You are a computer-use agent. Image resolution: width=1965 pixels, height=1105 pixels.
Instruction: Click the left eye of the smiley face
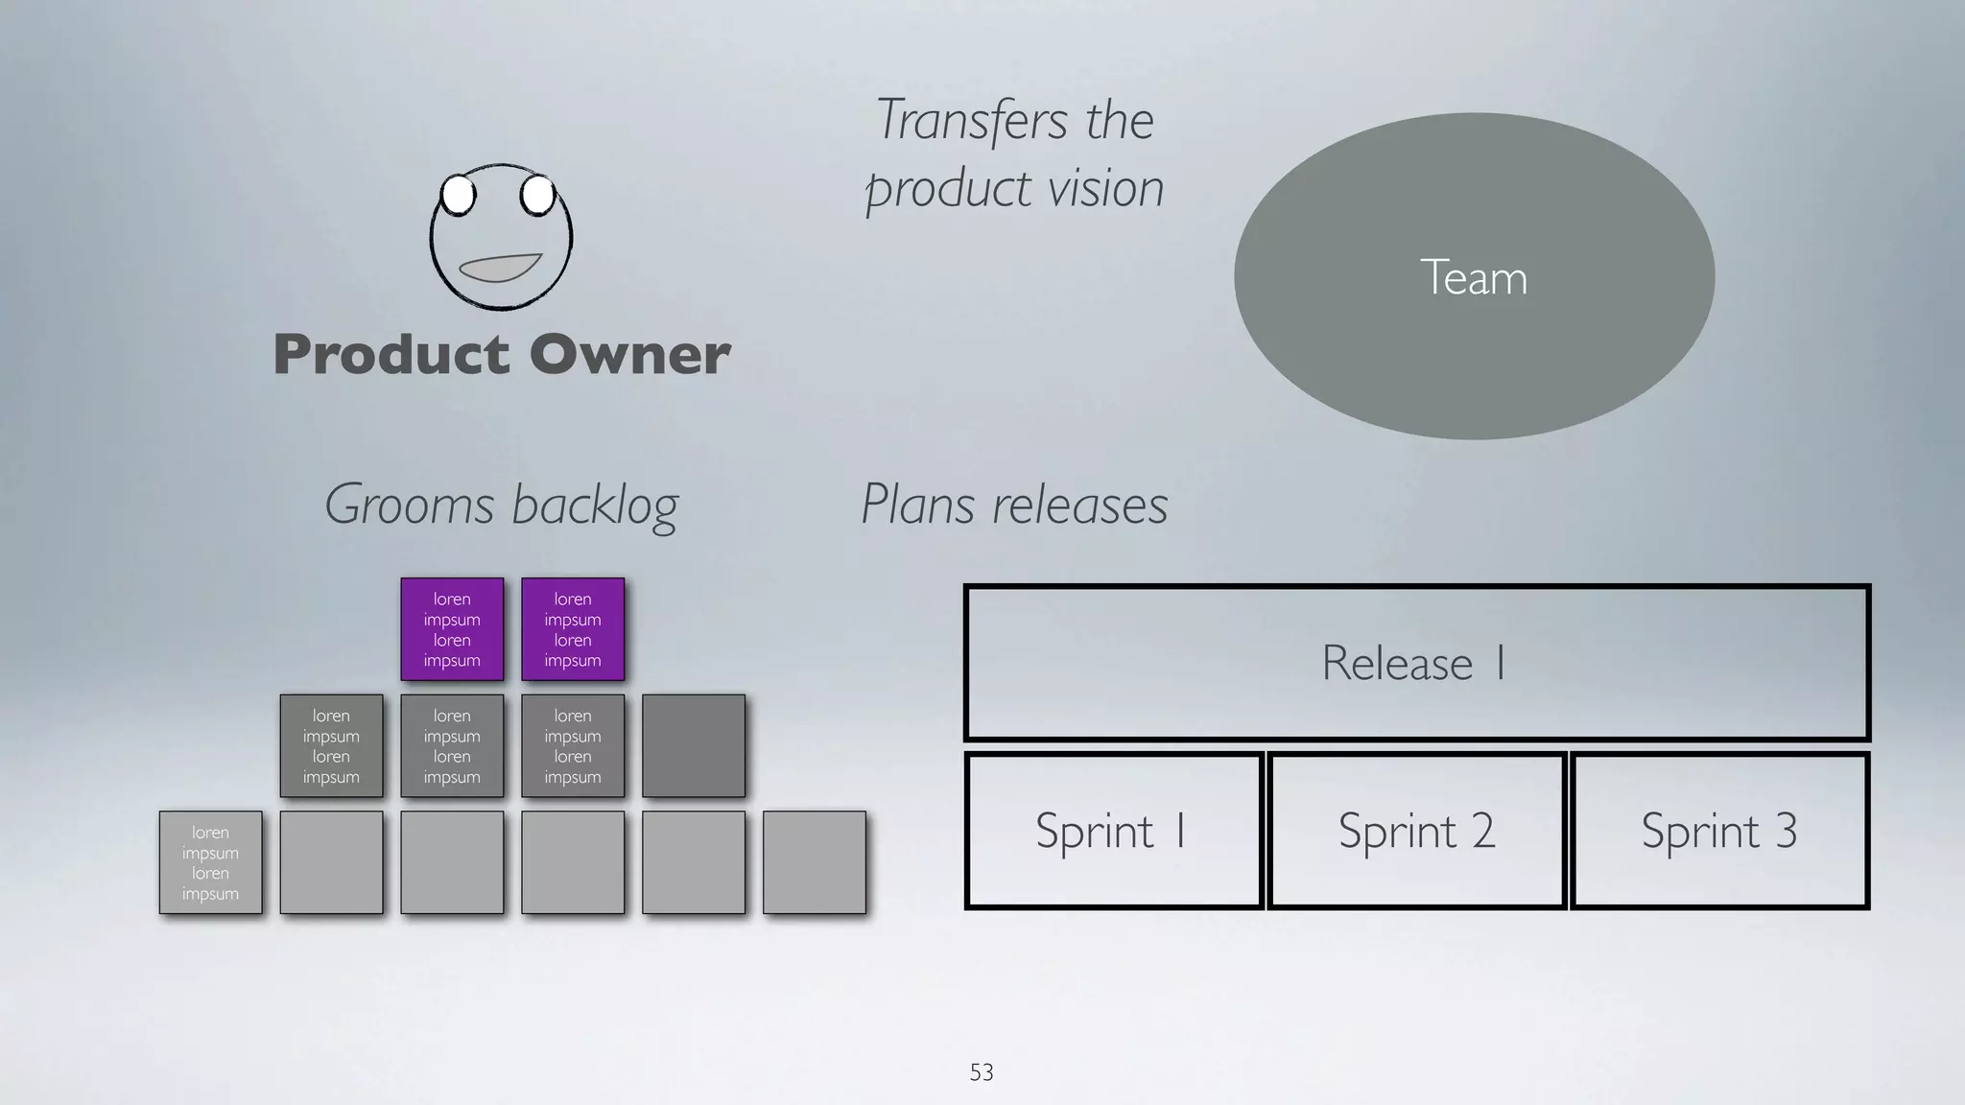(459, 195)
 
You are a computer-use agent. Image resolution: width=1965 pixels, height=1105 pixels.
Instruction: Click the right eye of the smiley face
(537, 195)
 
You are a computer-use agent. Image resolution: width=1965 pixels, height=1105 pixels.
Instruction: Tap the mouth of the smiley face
(501, 268)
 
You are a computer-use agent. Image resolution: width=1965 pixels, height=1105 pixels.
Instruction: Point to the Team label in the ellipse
(1473, 278)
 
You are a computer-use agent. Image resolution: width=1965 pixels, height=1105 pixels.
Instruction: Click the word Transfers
(971, 121)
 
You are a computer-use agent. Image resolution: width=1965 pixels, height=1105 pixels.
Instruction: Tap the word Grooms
(410, 505)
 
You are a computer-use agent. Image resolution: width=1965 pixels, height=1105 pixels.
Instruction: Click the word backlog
(595, 505)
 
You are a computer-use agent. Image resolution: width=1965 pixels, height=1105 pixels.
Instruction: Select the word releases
(1080, 505)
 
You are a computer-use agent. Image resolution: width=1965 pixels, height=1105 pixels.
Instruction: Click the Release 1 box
(1416, 663)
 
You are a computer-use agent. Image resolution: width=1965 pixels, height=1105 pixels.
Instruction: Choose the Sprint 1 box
(1113, 831)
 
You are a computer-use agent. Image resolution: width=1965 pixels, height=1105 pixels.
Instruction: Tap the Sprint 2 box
(1416, 831)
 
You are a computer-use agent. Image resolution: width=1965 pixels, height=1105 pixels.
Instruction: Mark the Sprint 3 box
(1719, 831)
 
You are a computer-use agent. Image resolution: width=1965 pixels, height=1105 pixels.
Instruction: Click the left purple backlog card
(452, 629)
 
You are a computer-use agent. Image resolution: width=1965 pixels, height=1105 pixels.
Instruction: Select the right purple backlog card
(573, 629)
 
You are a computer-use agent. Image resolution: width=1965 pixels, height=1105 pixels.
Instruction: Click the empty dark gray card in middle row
(694, 746)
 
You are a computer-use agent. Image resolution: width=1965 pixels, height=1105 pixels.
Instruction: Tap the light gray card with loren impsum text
(210, 862)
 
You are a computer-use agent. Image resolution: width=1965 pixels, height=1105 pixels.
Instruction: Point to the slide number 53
(982, 1072)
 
